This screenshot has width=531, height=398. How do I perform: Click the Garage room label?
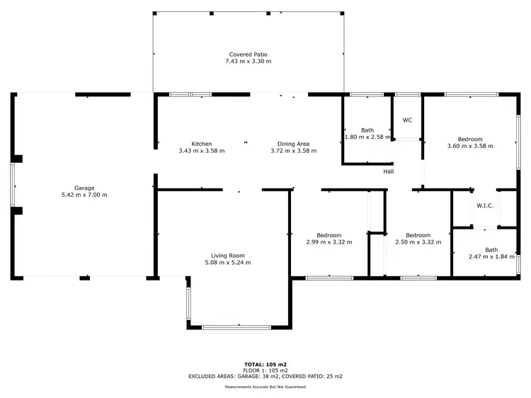pos(85,188)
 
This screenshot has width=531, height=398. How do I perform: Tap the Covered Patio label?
pos(248,55)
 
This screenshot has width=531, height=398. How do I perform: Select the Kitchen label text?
pos(202,144)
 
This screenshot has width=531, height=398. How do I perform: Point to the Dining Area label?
pos(293,144)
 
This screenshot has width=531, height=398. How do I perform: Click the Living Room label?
pos(227,256)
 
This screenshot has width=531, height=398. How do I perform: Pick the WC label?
pos(407,120)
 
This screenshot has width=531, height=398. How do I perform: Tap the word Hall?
pos(389,171)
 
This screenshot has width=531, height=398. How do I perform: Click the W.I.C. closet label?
pos(485,206)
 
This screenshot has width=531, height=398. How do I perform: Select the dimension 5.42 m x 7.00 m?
pos(85,195)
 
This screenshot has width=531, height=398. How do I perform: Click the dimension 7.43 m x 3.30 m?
pos(248,62)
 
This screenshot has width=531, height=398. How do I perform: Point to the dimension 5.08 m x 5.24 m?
pos(227,263)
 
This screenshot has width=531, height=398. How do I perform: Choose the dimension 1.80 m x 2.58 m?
pos(367,137)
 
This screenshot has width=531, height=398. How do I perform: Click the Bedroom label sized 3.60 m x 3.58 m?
pos(470,139)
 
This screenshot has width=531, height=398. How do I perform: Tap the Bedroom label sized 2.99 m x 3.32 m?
pos(329,235)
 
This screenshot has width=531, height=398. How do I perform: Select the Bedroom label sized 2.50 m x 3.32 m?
pos(418,235)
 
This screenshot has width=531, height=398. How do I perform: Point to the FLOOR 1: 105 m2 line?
pos(265,370)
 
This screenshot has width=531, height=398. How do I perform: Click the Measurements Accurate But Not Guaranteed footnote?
pos(265,387)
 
